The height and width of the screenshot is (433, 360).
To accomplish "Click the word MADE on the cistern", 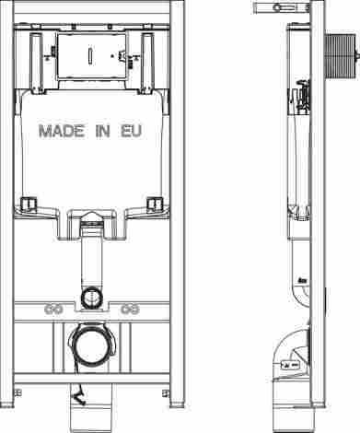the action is [62, 131].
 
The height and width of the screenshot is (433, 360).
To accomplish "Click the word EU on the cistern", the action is [131, 131].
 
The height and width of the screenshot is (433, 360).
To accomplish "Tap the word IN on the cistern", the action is [102, 131].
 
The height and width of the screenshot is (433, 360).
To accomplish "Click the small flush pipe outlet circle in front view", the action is [92, 297].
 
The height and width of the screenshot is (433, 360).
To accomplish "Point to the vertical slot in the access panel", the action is [90, 56].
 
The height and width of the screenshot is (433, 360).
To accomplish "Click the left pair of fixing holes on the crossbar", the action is [53, 310].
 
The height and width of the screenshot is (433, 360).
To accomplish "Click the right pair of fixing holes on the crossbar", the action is [130, 310].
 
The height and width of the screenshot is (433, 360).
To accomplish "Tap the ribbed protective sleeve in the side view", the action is [340, 56].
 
